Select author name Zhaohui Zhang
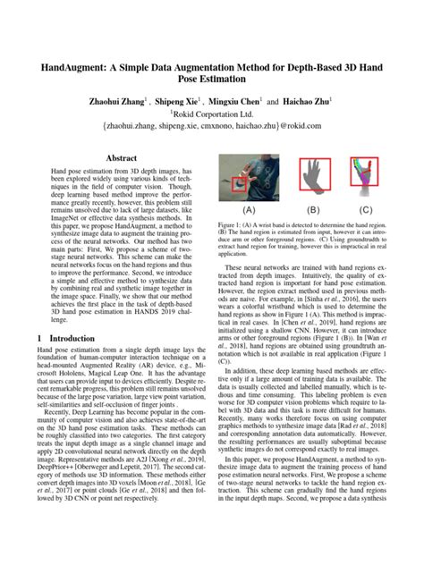pyautogui.click(x=114, y=103)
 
